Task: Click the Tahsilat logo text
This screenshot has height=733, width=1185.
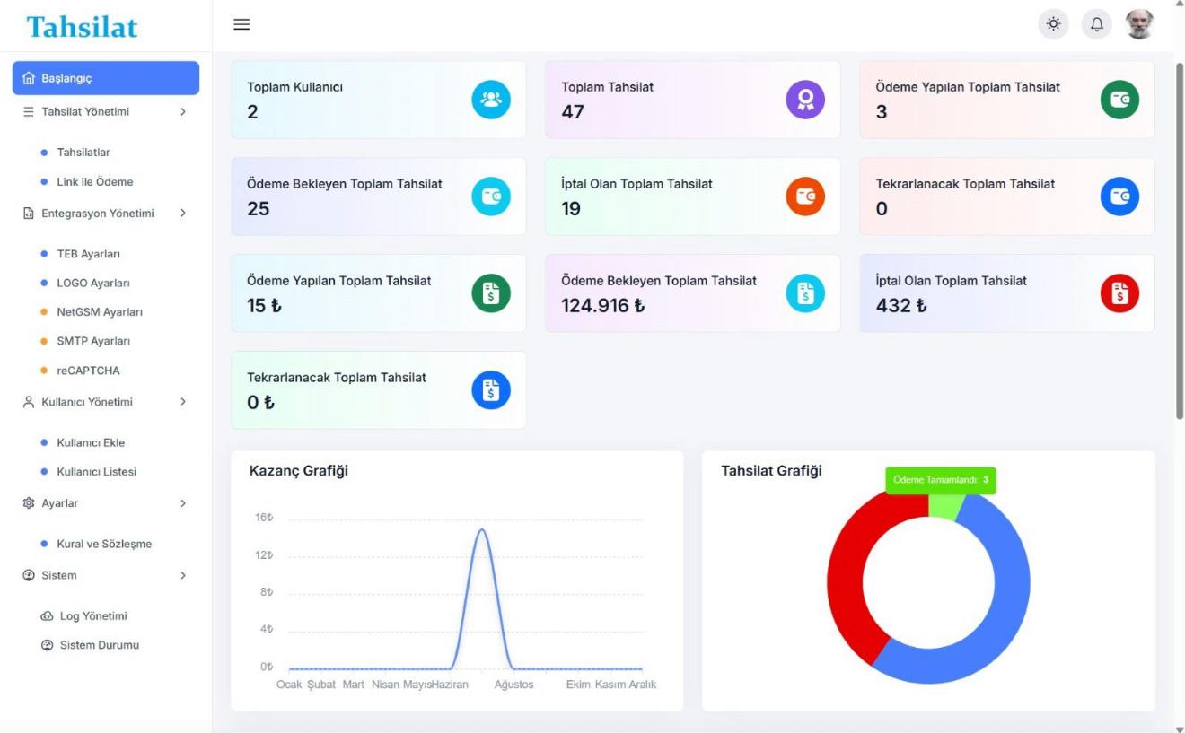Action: coord(83,27)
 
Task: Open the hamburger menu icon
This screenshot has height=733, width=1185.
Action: coord(241,25)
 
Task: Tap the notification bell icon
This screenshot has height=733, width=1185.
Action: coord(1096,25)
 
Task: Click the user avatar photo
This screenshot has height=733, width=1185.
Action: coord(1139,25)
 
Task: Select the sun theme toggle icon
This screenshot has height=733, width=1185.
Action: coord(1053,25)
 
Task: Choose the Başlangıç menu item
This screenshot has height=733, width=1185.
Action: coord(105,78)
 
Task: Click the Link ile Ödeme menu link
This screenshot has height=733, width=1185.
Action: coord(94,182)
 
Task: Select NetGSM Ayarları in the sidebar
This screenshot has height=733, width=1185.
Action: coord(100,312)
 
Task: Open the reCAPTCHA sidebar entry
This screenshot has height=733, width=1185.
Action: coord(88,371)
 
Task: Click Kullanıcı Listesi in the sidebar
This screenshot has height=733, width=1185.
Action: coord(96,472)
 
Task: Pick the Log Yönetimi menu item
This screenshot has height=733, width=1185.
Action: coord(92,616)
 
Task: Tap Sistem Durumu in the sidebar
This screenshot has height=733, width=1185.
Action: coord(99,645)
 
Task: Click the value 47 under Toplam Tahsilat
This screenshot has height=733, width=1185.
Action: coord(573,112)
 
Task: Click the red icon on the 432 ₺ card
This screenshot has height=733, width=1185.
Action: coord(1119,292)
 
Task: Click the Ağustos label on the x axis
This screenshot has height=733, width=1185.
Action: coord(513,685)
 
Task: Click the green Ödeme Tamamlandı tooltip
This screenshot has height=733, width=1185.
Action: coord(941,480)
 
